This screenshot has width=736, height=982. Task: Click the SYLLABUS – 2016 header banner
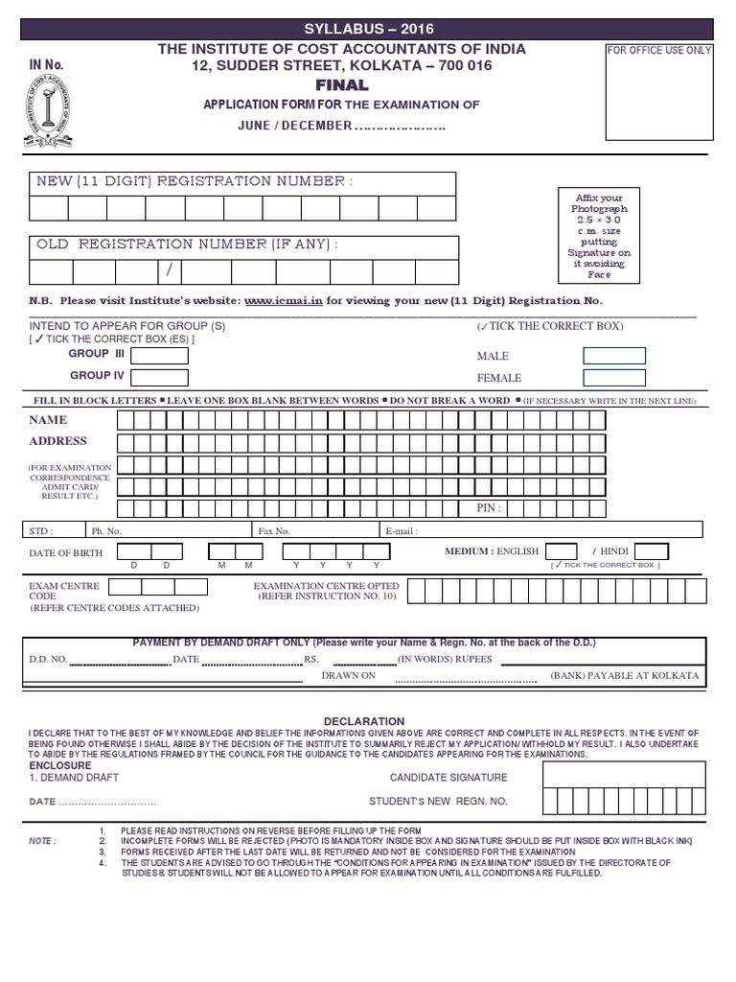point(368,29)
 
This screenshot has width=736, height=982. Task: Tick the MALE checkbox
point(614,356)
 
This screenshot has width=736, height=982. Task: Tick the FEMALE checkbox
point(614,378)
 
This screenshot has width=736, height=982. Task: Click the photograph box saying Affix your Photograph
point(598,236)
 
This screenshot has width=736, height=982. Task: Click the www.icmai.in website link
point(284,300)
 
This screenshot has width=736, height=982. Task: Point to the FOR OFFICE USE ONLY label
point(659,50)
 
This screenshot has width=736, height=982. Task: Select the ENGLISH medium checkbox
point(561,551)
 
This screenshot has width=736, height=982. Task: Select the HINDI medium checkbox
point(652,551)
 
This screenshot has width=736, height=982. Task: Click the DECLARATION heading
point(364,721)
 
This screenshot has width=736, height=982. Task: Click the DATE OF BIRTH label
point(66,552)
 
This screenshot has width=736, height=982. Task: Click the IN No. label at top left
point(46,64)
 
